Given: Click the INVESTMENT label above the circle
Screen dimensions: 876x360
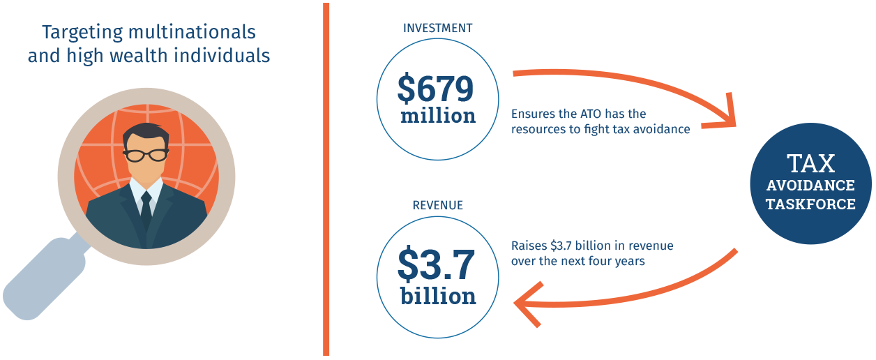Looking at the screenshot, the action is coord(437,28).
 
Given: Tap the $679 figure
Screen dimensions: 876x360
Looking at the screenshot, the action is coord(435,88).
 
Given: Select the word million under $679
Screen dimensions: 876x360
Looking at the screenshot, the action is coord(438,116).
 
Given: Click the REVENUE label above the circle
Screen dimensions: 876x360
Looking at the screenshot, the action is coord(437,205).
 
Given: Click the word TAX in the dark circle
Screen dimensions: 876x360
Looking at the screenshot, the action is coord(810,163).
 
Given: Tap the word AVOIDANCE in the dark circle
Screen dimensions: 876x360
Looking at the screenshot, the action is coord(810,186).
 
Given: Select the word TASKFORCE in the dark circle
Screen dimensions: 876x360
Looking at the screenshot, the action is coord(810,204).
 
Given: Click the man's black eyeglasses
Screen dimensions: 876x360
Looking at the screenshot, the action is coord(146,156).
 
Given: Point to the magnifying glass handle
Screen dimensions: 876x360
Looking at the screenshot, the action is coord(45,278).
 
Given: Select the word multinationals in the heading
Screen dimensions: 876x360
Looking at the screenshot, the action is coord(192,31).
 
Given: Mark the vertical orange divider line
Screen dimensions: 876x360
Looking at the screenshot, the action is coord(326,179).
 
